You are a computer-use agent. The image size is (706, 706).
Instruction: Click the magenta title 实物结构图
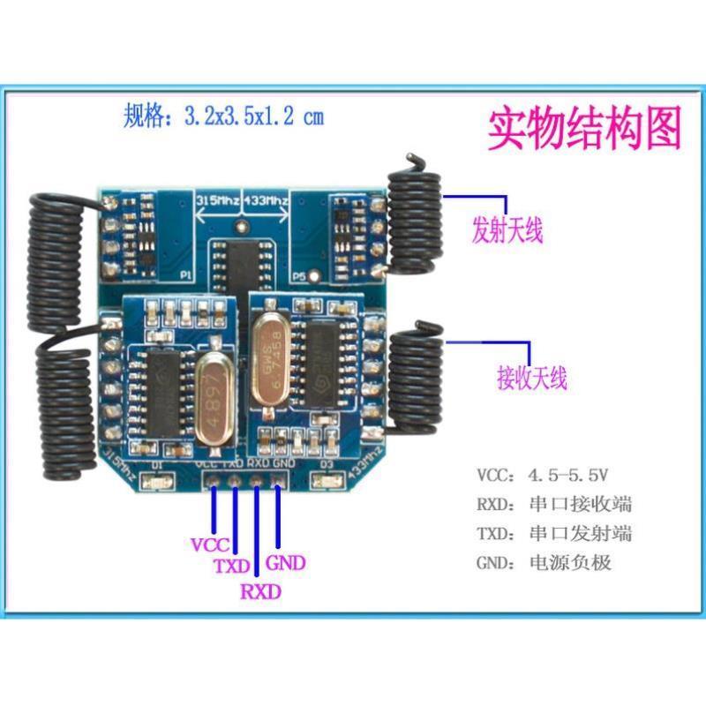[585, 129]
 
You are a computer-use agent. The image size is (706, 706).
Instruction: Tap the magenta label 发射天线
[507, 231]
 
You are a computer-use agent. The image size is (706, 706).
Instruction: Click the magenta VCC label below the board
[210, 545]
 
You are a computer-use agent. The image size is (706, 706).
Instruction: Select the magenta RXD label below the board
[260, 592]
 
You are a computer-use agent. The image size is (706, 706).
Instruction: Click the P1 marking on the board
[187, 274]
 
